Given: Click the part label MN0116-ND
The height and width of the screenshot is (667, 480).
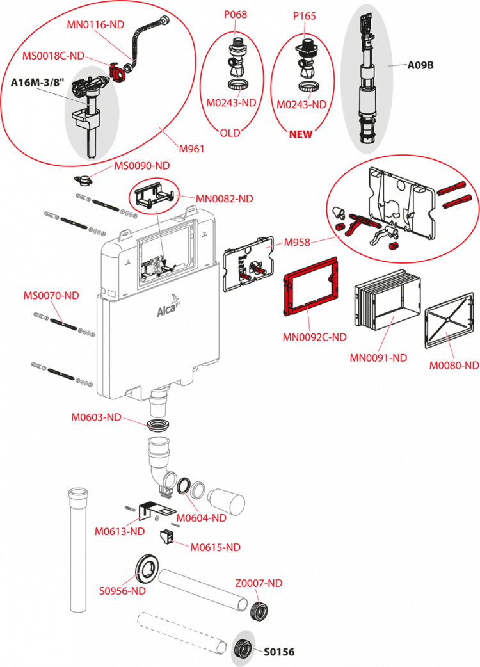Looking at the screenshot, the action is (x=95, y=25).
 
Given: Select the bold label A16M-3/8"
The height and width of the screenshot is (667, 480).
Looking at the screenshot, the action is (x=37, y=82).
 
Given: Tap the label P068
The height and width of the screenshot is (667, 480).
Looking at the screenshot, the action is (x=236, y=15).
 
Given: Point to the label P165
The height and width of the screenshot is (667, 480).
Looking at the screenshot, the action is (x=305, y=16).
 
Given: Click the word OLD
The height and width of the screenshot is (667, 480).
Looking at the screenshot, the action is (x=230, y=133).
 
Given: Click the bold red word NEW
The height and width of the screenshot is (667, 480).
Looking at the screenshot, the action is (x=301, y=134).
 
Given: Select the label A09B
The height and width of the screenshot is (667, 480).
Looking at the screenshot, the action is (x=420, y=65).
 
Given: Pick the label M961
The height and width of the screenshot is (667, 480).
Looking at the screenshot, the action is (x=191, y=149).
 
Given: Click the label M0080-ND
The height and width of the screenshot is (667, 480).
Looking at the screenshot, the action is (x=454, y=366).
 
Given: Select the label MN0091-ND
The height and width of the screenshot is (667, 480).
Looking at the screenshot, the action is (x=378, y=358).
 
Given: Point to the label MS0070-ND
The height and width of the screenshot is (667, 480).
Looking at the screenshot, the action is (x=51, y=295).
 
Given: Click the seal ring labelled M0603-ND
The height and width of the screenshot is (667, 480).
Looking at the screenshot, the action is (x=158, y=424).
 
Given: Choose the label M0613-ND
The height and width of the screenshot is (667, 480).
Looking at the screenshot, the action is (x=120, y=531).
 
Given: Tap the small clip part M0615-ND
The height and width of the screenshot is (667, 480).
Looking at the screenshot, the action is (x=166, y=537).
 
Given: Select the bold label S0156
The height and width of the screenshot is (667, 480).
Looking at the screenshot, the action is (x=279, y=652).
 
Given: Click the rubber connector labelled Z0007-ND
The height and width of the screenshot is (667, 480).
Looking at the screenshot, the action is (x=259, y=611).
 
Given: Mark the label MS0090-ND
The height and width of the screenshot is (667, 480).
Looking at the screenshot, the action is (x=142, y=166).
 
